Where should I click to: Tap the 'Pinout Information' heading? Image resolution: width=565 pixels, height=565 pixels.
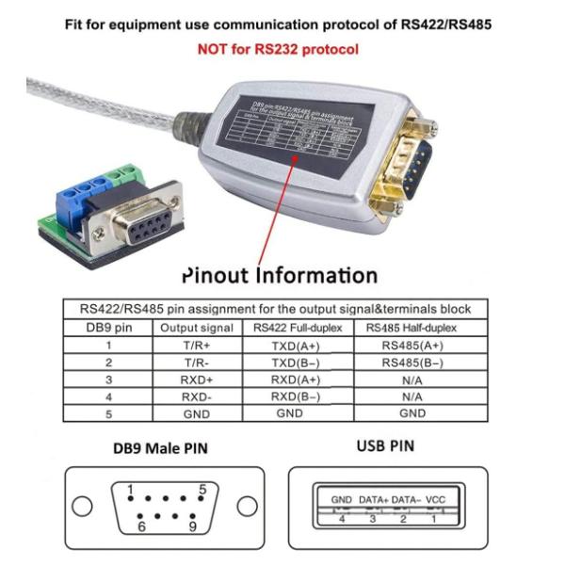point(279,276)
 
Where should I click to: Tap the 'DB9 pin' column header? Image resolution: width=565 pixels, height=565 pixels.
point(105,327)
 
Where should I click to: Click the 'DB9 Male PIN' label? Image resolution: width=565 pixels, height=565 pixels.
point(153,449)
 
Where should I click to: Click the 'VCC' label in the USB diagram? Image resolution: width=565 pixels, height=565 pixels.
point(435,498)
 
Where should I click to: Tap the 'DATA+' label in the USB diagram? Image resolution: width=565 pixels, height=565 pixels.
point(373,498)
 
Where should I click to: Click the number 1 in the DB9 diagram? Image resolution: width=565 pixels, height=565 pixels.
point(129,489)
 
